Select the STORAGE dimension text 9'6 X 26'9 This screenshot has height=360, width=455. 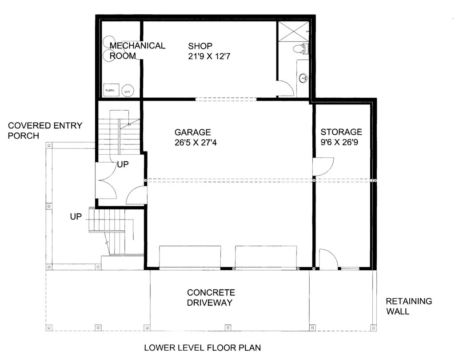(341, 143)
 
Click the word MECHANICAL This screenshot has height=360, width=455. (137, 45)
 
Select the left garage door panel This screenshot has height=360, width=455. (190, 257)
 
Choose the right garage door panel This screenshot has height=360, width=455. (266, 257)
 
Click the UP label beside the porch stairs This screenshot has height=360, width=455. (76, 217)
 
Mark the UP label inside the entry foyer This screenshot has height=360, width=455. (123, 164)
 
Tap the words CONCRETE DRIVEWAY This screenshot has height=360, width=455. (211, 298)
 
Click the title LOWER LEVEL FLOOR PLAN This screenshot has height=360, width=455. (202, 348)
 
